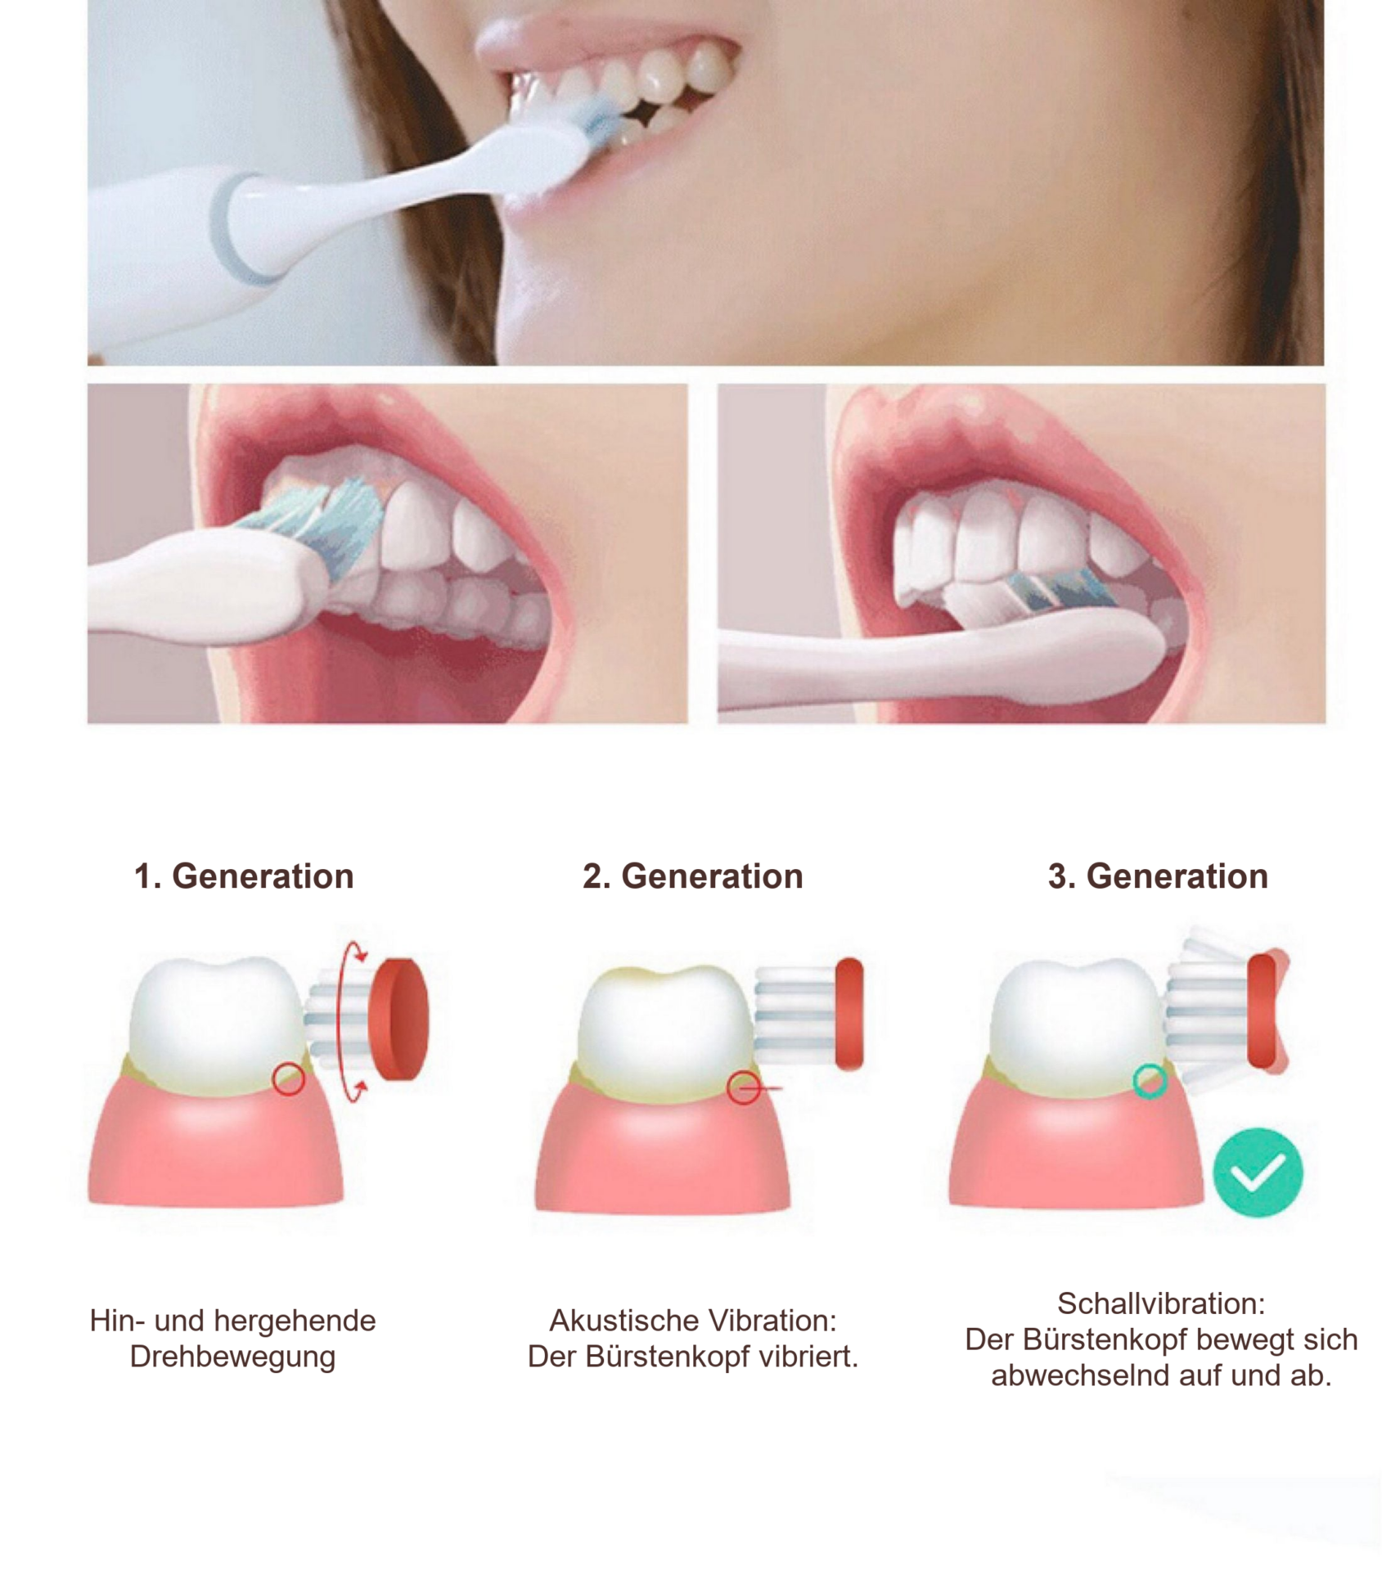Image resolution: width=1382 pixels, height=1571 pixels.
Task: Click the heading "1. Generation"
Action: tap(244, 876)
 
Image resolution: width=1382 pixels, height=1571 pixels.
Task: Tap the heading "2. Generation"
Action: tap(692, 876)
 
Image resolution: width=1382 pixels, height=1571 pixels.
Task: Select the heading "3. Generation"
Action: tap(1158, 876)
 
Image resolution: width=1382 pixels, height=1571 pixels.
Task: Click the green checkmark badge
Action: tap(1257, 1172)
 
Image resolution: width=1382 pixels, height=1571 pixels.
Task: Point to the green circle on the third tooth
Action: tap(1150, 1081)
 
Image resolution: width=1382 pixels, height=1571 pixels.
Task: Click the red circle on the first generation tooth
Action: tap(288, 1078)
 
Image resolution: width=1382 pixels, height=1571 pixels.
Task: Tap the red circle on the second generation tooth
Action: tap(743, 1087)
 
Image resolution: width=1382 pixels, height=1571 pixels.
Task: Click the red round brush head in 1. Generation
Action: tap(398, 1019)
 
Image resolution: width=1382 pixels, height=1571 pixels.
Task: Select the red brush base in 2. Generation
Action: tap(849, 1013)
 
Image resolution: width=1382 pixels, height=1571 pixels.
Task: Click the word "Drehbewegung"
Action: tap(232, 1356)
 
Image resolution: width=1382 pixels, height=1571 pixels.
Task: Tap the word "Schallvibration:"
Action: tap(1161, 1303)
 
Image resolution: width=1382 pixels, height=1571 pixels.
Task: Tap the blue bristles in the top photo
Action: tap(601, 123)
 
